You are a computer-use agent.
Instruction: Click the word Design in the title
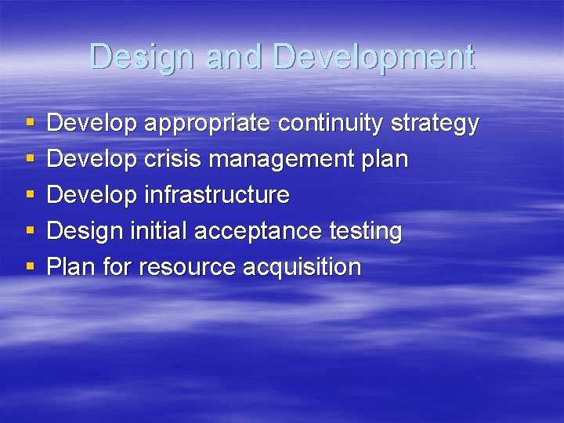coord(144,57)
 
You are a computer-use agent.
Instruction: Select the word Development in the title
coord(374,57)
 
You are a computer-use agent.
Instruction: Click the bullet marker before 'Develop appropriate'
coord(30,124)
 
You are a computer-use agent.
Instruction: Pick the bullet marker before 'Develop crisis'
coord(30,160)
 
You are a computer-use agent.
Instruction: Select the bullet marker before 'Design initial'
coord(30,232)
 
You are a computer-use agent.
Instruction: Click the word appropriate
coord(208,124)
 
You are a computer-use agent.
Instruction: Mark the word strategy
coord(434,124)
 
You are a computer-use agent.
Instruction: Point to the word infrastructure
coord(217,195)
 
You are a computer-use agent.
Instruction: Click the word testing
coord(365,231)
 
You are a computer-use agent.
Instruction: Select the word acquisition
coord(302,267)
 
